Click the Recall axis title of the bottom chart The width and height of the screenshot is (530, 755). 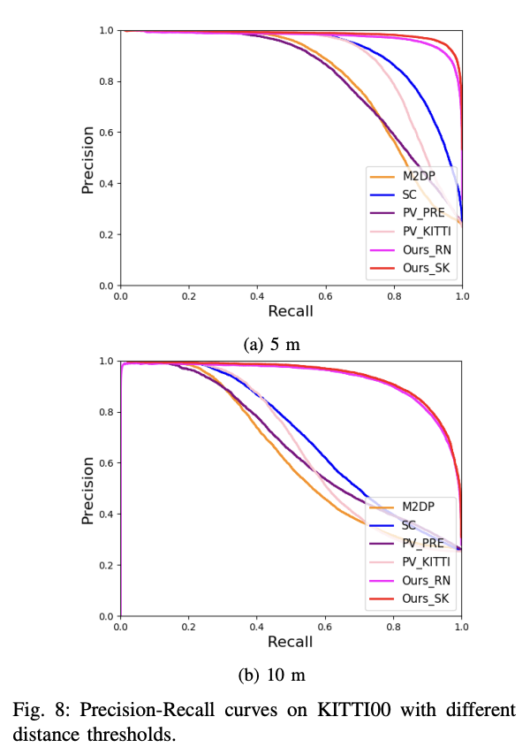291,641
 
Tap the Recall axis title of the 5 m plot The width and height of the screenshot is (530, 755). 291,310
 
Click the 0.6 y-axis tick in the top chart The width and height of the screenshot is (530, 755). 106,133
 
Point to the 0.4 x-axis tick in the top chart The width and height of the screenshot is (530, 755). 257,294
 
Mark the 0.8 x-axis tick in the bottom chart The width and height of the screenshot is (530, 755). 394,625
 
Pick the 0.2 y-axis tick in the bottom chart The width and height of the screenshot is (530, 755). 106,565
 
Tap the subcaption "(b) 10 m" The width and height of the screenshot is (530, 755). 271,675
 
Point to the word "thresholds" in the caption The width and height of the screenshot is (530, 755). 140,734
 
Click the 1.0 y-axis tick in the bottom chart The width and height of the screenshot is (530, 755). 106,362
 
